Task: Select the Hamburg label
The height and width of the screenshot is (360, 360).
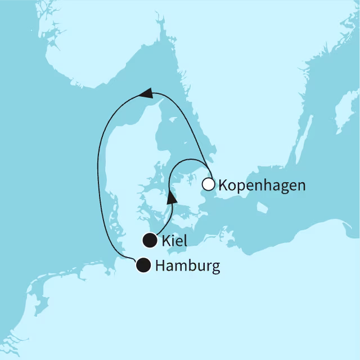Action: pos(188,265)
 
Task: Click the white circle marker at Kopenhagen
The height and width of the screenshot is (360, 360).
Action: pos(209,184)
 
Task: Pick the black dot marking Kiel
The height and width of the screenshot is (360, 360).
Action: pos(150,241)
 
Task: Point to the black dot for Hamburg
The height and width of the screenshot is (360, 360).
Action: pos(144,265)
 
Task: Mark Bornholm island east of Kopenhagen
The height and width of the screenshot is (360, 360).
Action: pos(262,208)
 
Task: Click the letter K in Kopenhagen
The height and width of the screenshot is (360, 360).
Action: pos(222,185)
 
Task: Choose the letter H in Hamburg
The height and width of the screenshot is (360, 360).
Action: pos(160,265)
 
